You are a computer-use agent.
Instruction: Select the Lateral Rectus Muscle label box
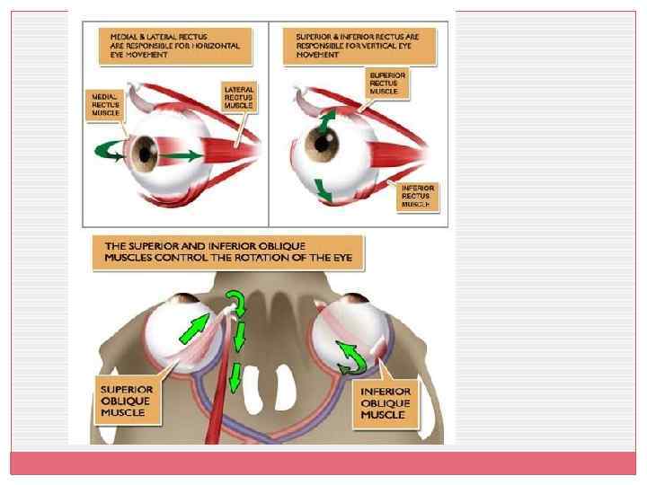(x=239, y=96)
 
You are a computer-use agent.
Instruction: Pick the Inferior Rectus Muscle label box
(x=416, y=196)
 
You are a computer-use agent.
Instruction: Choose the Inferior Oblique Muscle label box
(x=386, y=403)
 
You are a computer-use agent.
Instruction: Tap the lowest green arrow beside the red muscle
(x=235, y=378)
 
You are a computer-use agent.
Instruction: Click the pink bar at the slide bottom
(x=323, y=463)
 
